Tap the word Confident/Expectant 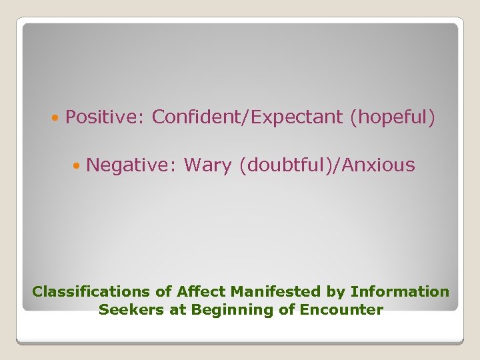click(x=247, y=117)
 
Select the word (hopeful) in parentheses click(x=392, y=117)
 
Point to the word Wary click(x=208, y=165)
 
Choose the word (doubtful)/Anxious click(x=327, y=165)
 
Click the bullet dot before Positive click(x=55, y=118)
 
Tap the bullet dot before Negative click(x=78, y=165)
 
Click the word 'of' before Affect click(x=164, y=291)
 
